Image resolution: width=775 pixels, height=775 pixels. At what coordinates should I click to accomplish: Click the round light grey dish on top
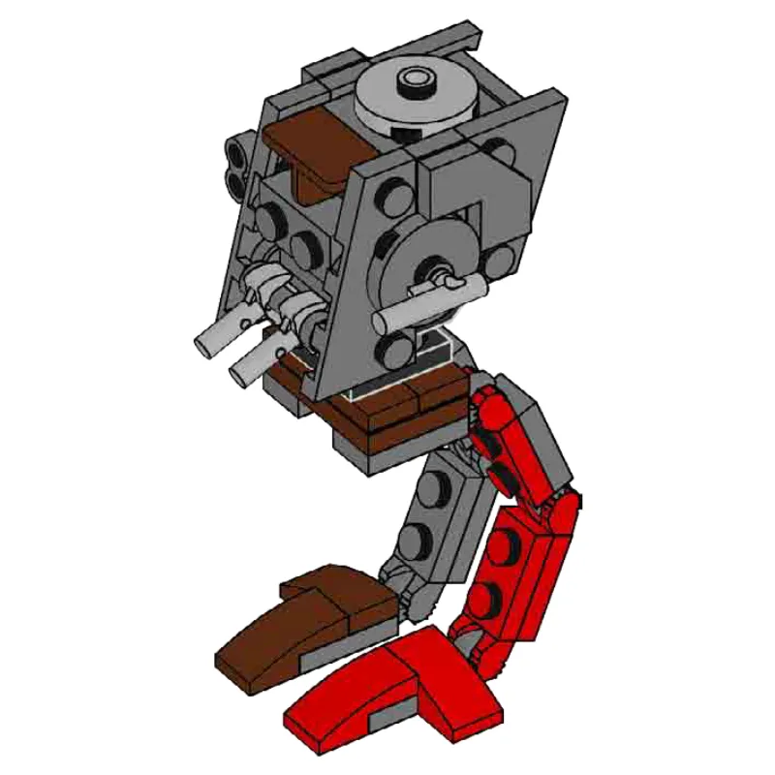(418, 97)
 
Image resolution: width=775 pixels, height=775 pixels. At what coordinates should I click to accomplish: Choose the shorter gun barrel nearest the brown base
(248, 364)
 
